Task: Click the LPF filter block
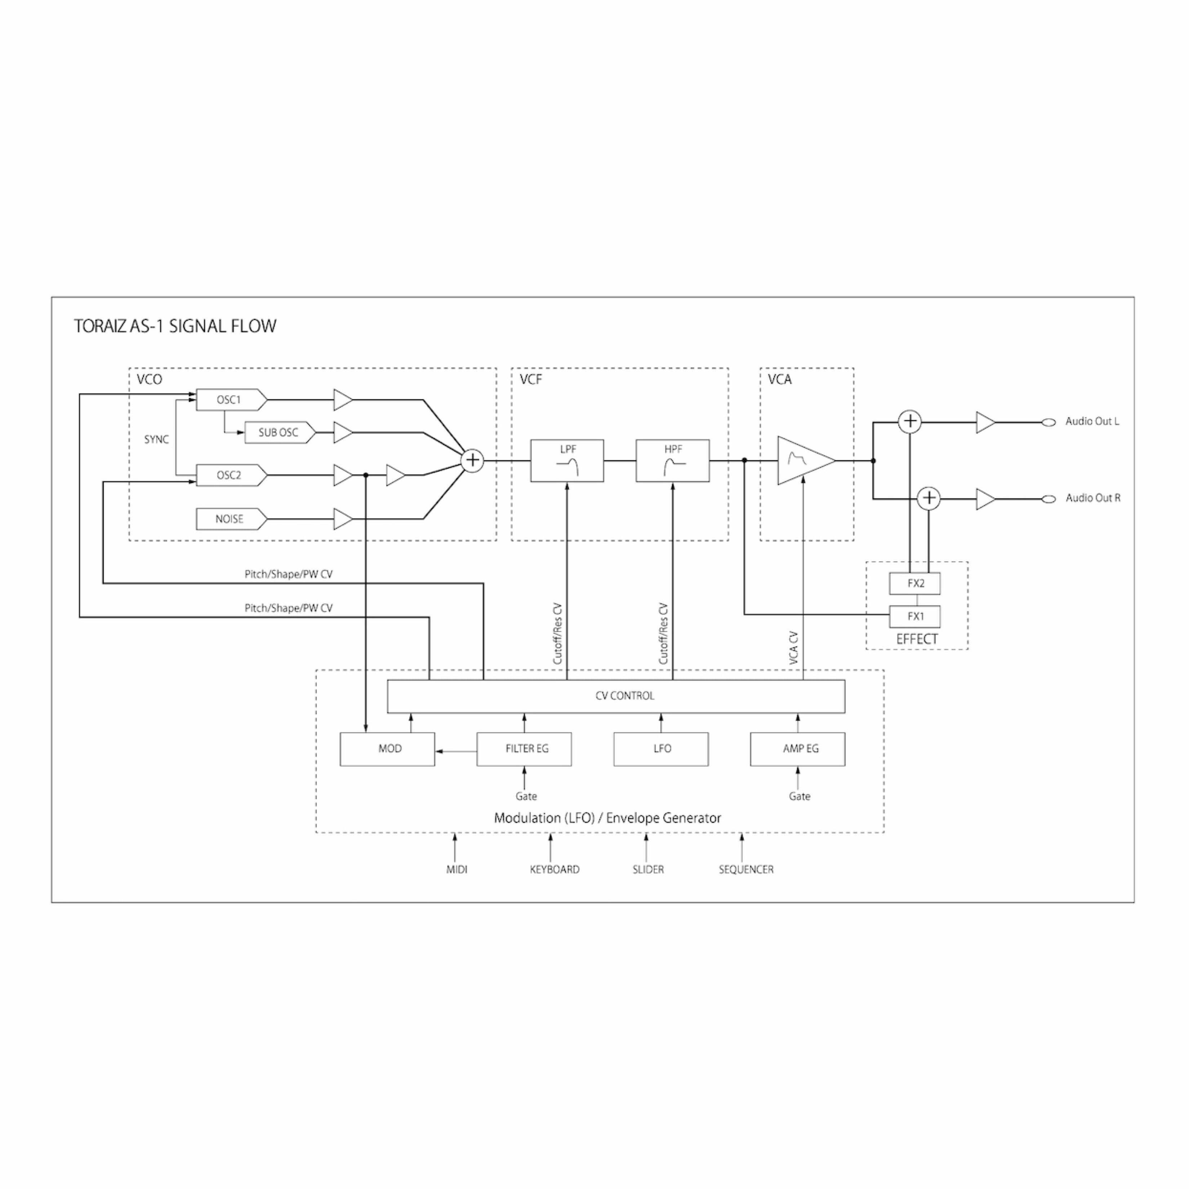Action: click(x=567, y=460)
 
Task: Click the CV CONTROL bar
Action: click(x=616, y=696)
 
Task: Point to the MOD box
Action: click(x=388, y=749)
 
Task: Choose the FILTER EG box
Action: click(x=524, y=749)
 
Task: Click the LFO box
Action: click(x=661, y=749)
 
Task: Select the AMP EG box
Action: click(x=798, y=749)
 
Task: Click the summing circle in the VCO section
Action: click(x=472, y=460)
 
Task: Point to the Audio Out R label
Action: click(x=1092, y=498)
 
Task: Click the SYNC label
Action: click(x=156, y=440)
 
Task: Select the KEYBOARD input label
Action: click(x=555, y=870)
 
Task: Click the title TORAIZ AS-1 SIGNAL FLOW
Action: click(x=175, y=326)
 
